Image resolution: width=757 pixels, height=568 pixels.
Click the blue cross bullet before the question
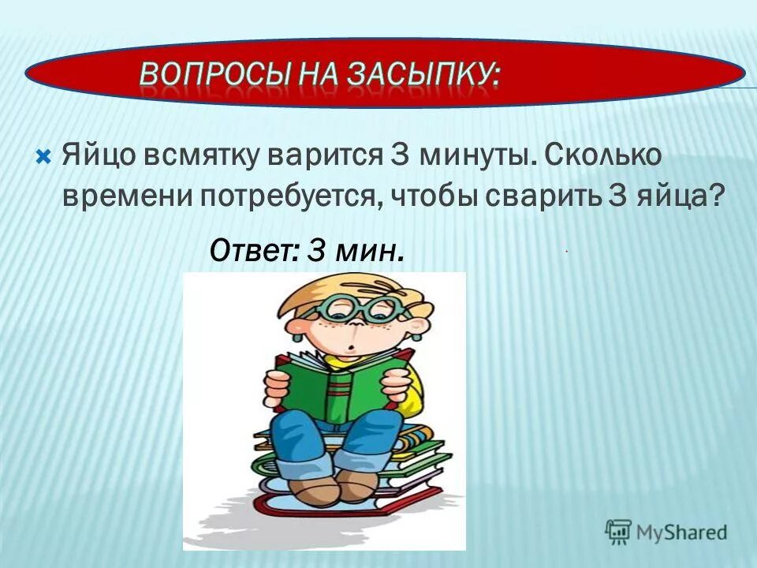pos(44,155)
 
